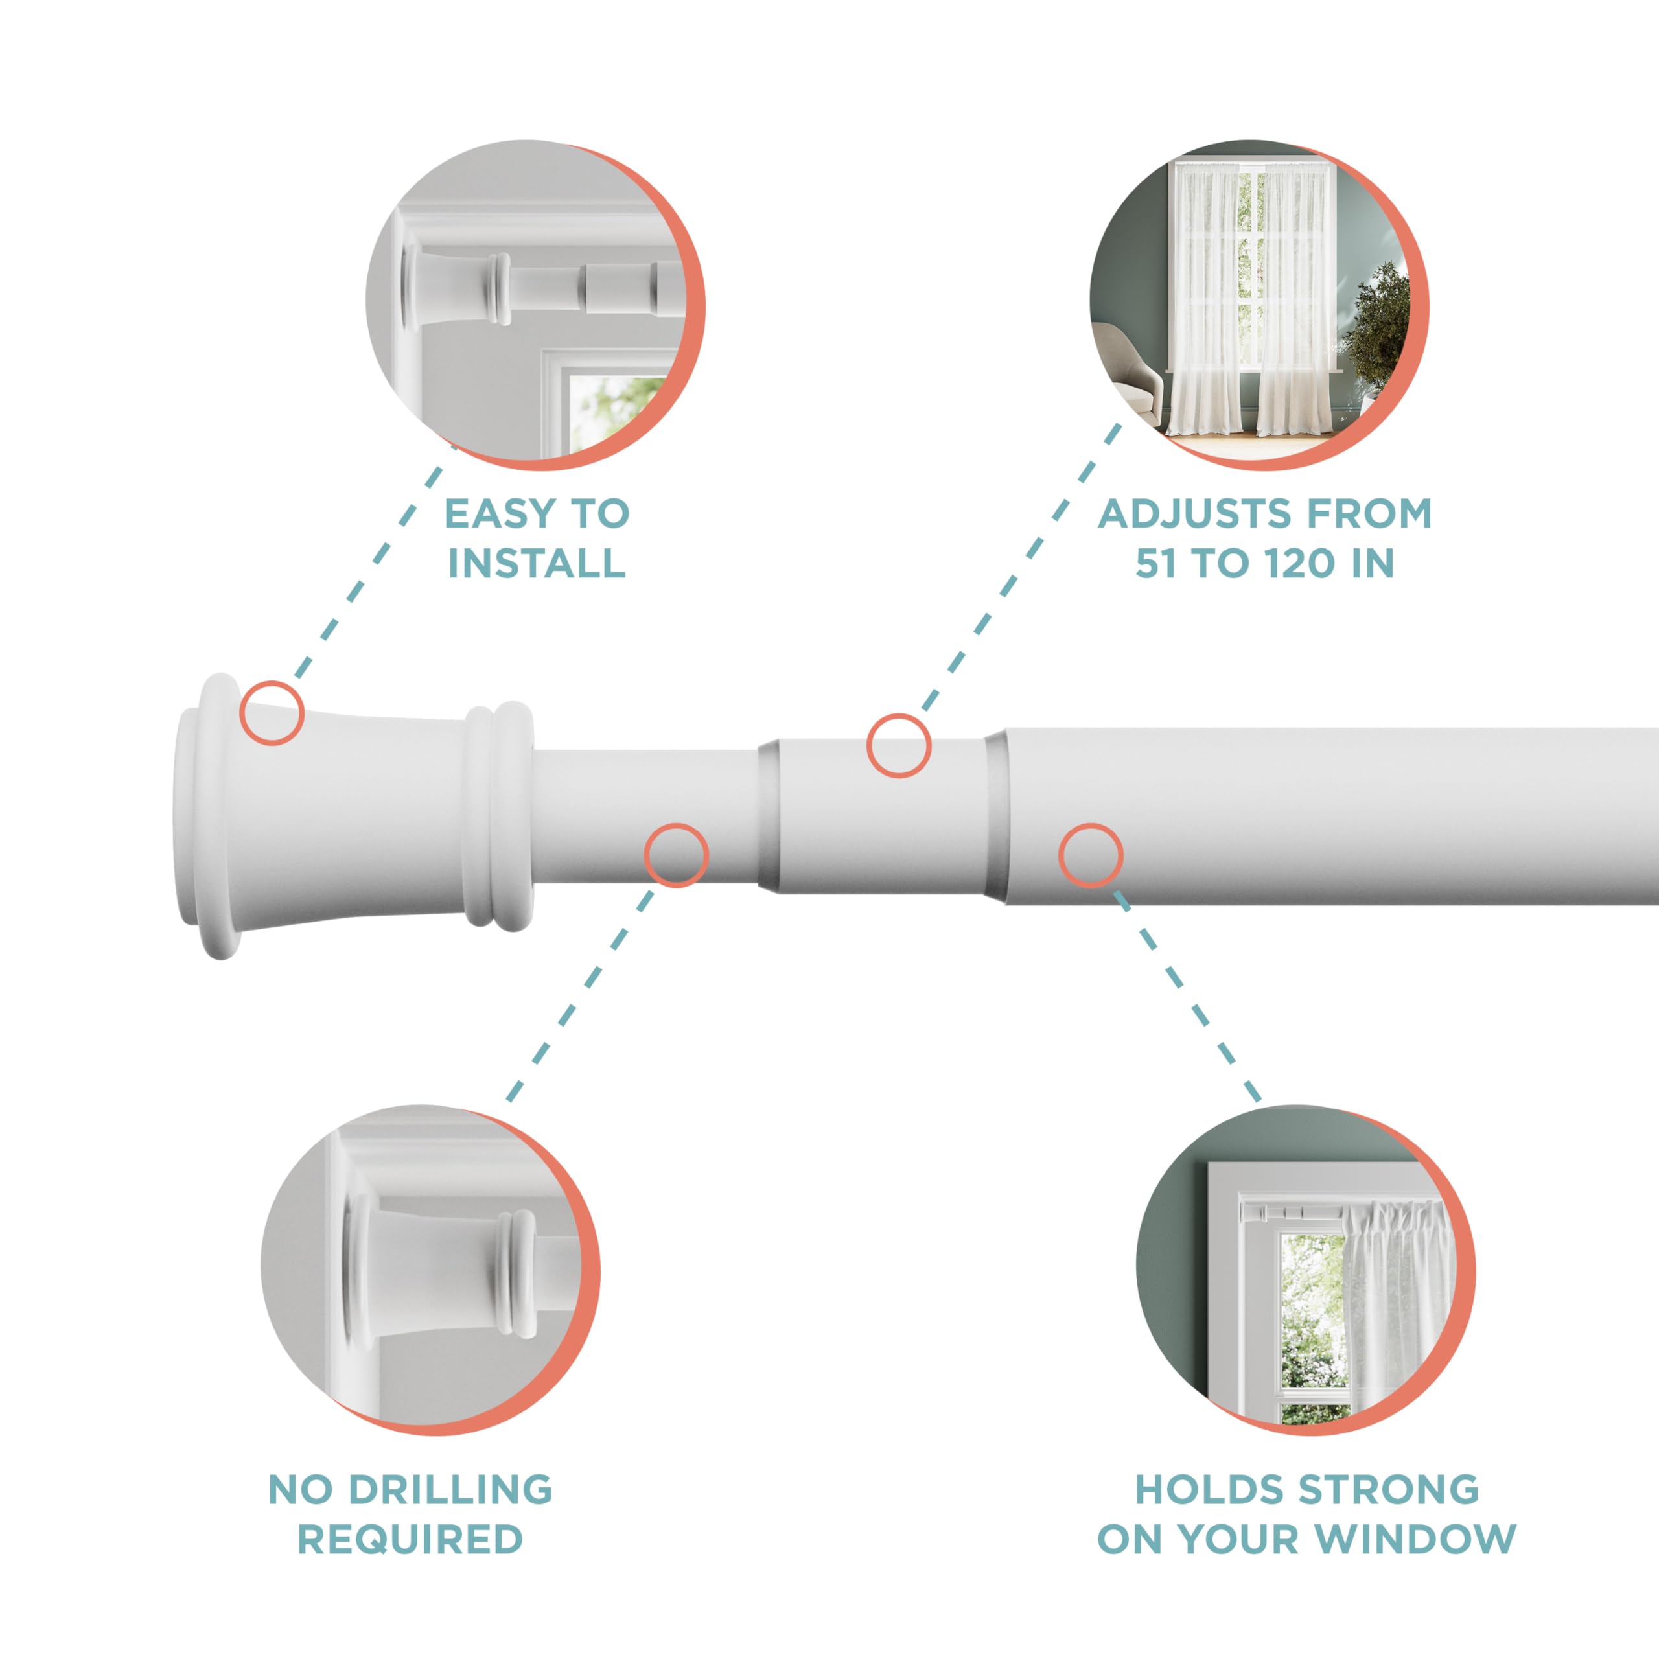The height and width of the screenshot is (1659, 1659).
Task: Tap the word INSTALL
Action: tap(537, 563)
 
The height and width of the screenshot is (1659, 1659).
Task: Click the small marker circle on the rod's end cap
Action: tap(272, 713)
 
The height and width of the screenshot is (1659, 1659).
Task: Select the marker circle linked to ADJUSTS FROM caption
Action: tap(899, 745)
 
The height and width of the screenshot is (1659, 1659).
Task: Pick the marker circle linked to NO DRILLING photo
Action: tap(677, 855)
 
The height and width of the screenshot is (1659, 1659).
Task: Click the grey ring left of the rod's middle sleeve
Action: tap(769, 816)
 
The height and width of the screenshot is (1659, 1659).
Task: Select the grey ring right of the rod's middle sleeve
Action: tap(995, 816)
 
